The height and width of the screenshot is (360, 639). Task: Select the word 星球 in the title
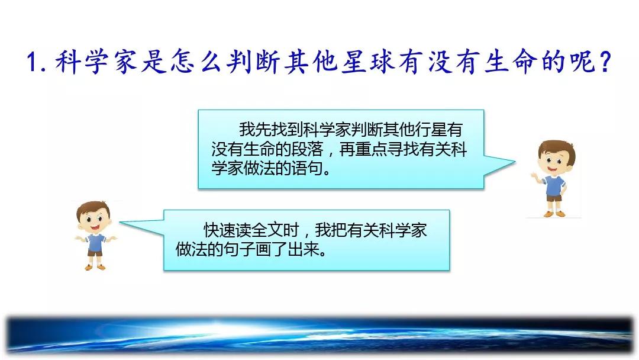tap(369, 62)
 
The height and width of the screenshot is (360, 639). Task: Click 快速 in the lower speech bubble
tap(220, 230)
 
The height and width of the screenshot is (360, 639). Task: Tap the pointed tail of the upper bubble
tap(514, 162)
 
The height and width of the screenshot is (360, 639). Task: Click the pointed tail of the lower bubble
tap(120, 223)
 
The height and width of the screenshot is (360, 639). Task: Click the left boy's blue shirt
tap(96, 243)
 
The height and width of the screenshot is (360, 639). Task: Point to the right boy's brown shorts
tap(554, 198)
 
